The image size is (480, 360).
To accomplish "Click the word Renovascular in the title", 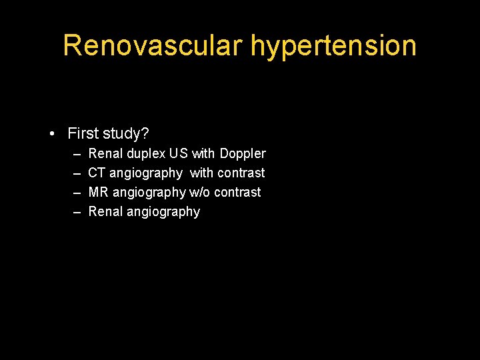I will pos(153,45).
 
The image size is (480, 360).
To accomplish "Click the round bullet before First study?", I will pos(52,134).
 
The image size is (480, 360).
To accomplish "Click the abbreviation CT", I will pos(97,173).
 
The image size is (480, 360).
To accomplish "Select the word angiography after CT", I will pos(146,173).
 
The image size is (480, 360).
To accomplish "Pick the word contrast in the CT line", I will pos(241,173).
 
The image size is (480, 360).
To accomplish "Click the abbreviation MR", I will pos(98,192).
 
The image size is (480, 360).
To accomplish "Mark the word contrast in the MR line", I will pos(237,192).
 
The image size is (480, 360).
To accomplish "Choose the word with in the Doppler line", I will pos(203,153).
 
